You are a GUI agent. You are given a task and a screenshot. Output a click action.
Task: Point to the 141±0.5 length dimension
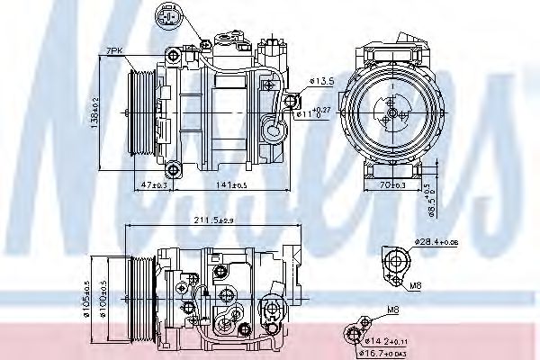pyautogui.click(x=231, y=184)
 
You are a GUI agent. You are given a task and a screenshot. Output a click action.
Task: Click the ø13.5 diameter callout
pyautogui.click(x=321, y=82)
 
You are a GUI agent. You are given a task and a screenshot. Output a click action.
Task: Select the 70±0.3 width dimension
pyautogui.click(x=391, y=184)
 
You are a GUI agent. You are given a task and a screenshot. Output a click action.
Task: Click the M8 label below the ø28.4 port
pyautogui.click(x=416, y=285)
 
